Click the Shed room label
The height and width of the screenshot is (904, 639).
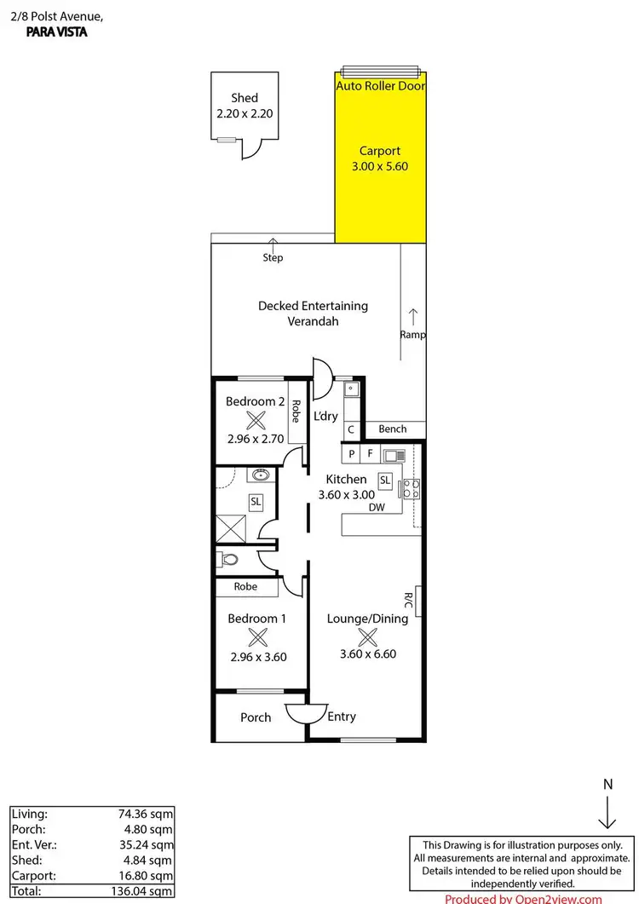pos(244,98)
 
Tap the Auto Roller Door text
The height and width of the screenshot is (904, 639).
pos(380,86)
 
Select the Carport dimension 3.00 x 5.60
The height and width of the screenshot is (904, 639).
pos(380,166)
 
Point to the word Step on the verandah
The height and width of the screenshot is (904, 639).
pos(273,257)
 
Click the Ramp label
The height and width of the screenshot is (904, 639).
pos(412,335)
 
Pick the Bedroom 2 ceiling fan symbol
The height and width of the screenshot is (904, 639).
pos(256,419)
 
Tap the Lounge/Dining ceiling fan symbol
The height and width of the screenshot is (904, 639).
pos(367,636)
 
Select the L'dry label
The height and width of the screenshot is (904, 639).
pos(326,417)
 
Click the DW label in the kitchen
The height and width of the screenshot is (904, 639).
pos(377,508)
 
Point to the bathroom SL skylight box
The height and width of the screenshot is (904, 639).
pos(256,503)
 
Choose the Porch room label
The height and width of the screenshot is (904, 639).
pos(256,717)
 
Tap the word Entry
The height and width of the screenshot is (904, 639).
pos(342,717)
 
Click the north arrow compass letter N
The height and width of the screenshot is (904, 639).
pos(607,783)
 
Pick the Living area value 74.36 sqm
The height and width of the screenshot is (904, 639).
pos(146,814)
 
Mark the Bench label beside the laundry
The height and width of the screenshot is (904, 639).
pos(393,429)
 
